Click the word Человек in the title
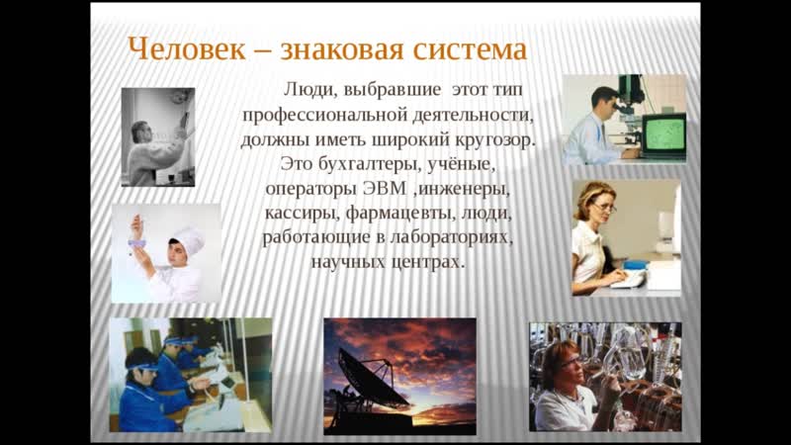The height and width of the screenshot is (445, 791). tap(187, 49)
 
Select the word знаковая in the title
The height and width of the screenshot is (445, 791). tap(342, 49)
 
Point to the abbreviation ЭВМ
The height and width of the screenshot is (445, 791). tap(385, 188)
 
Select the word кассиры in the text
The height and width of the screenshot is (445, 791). tap(303, 213)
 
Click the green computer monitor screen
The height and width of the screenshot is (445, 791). tap(664, 133)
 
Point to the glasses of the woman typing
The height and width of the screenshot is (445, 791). tap(605, 207)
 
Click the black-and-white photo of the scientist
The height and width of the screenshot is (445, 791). tap(158, 137)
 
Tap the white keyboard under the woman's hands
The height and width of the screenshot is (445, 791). tap(628, 280)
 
